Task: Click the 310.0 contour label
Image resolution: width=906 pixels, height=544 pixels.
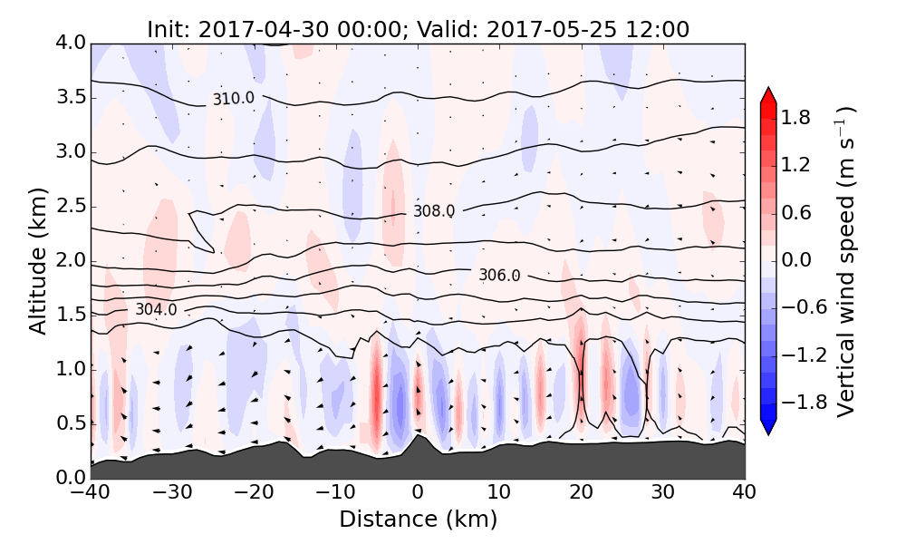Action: (234, 99)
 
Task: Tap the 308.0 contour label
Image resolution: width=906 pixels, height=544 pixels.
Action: (434, 211)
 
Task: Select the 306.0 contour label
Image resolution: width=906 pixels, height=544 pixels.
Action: (499, 276)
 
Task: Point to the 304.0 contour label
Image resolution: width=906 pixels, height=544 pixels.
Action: (156, 310)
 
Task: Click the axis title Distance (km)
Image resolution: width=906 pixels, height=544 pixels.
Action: (418, 520)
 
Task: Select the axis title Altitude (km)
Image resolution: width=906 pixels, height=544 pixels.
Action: (38, 261)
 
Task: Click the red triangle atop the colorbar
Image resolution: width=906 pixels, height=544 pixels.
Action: (768, 94)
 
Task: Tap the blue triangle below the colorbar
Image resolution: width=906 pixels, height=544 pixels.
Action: (768, 427)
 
